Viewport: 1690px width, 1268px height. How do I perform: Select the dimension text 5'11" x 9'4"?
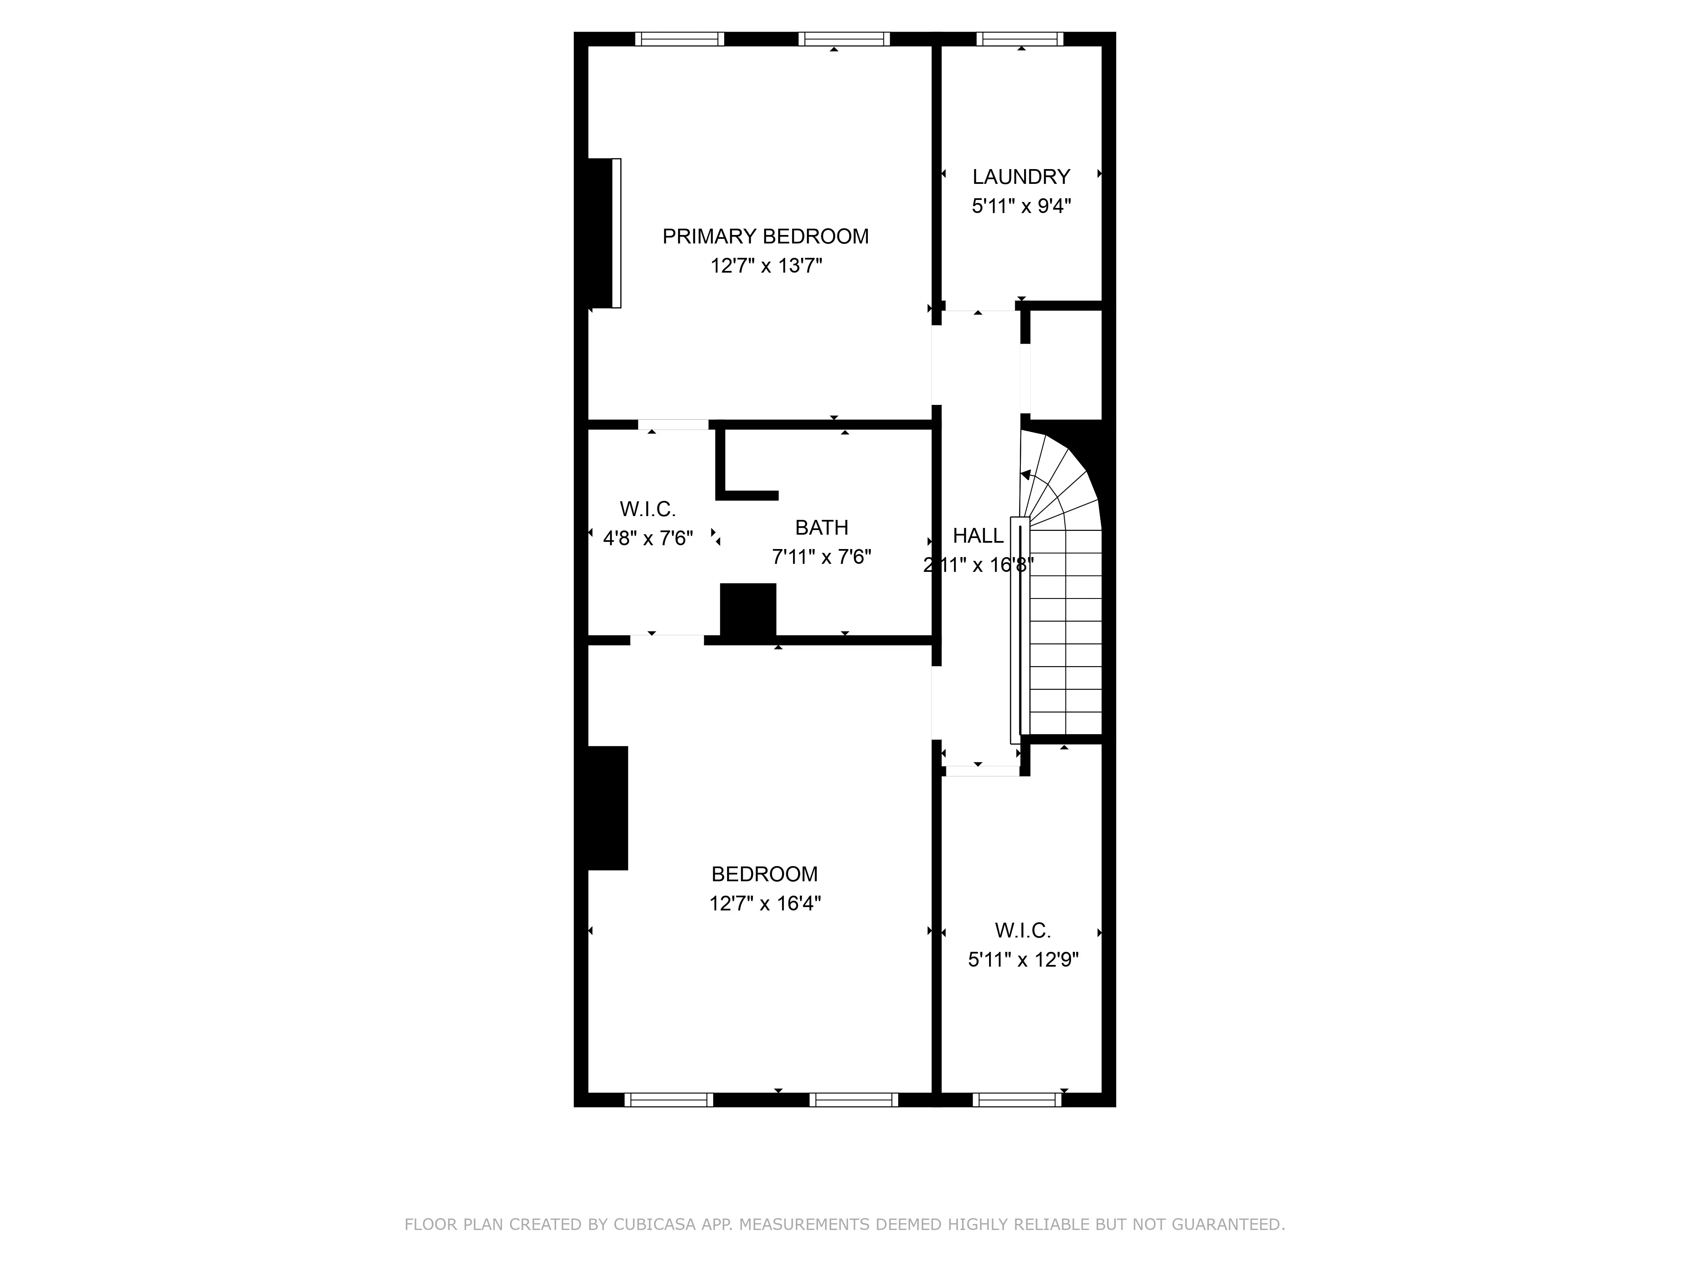pyautogui.click(x=1021, y=206)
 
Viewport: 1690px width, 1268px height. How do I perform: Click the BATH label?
pyautogui.click(x=821, y=527)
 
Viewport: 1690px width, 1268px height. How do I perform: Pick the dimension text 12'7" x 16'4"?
pyautogui.click(x=765, y=903)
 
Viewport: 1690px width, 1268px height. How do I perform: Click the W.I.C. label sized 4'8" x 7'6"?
pyautogui.click(x=647, y=509)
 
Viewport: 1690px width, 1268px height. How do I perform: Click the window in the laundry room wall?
pyautogui.click(x=1019, y=39)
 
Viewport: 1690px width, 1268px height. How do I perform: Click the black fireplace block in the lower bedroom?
pyautogui.click(x=608, y=808)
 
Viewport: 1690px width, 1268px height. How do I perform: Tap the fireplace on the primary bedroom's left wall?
pyautogui.click(x=604, y=233)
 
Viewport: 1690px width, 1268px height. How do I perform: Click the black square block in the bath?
pyautogui.click(x=748, y=609)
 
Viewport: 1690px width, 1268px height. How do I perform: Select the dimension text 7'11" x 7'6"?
pyautogui.click(x=821, y=557)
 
